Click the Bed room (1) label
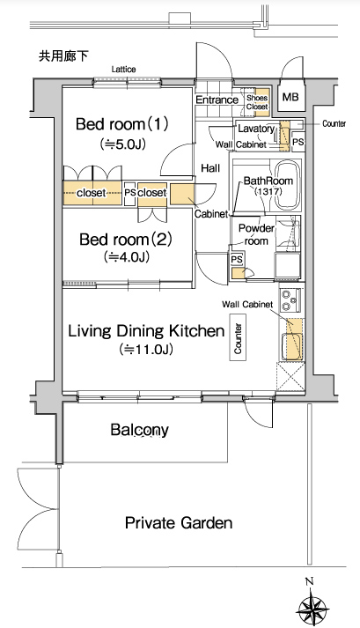pos(122,124)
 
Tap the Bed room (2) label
pos(126,240)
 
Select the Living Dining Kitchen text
pos(146,331)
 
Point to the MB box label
pos(290,97)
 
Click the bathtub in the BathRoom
pos(289,186)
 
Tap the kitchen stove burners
pos(287,300)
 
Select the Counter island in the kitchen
pos(238,337)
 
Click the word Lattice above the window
pos(123,70)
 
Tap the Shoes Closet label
pos(257,102)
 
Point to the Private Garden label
pos(179,522)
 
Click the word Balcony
pos(140,430)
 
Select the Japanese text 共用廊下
pos(62,56)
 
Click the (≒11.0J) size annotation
pos(146,350)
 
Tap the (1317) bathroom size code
pos(268,191)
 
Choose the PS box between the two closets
pos(129,194)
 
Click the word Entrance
pos(217,100)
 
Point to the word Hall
pos(210,168)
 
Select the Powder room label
pos(256,234)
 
